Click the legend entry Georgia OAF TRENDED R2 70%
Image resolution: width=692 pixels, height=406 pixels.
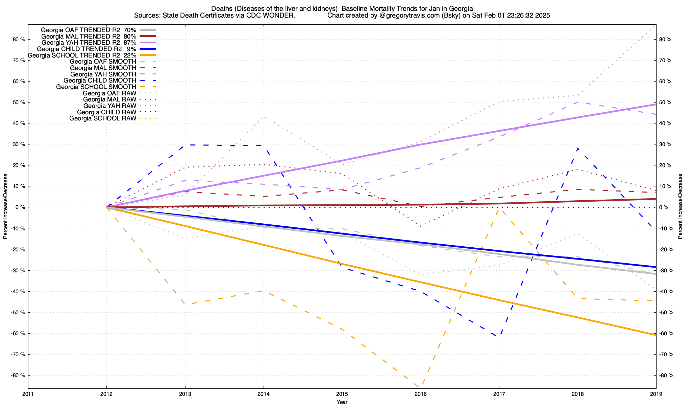[88, 30]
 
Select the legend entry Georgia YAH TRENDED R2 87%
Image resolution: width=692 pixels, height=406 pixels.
[89, 43]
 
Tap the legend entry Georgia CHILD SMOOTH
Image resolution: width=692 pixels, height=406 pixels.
[100, 81]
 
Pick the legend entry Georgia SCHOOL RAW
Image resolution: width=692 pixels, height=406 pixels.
[103, 118]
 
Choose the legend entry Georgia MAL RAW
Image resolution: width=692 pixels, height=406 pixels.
[109, 99]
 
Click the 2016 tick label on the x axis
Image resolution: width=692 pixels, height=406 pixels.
[420, 394]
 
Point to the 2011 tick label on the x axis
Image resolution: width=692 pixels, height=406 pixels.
[28, 394]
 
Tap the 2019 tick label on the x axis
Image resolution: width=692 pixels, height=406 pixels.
[656, 394]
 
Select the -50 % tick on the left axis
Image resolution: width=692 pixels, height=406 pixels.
[18, 312]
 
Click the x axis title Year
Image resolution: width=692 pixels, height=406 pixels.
[342, 402]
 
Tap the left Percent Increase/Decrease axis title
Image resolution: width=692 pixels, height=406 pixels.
[5, 206]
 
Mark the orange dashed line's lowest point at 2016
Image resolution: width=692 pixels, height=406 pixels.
[420, 387]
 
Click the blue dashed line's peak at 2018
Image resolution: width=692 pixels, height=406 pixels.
[578, 148]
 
